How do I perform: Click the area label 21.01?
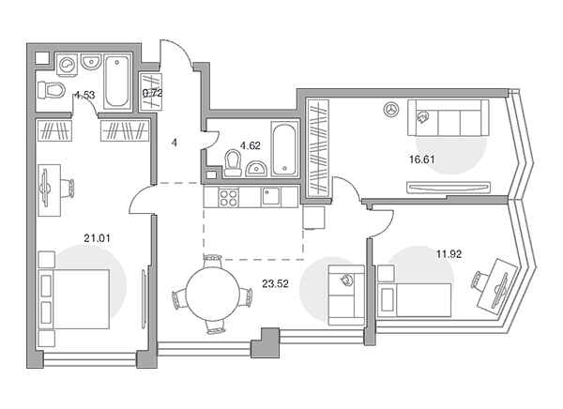97,238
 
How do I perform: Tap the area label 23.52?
275,284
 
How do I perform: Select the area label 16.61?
422,159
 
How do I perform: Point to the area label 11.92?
449,254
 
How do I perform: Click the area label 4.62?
251,145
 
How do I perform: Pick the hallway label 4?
175,143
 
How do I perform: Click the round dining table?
213,293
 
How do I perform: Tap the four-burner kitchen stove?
229,198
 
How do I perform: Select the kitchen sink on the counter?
271,196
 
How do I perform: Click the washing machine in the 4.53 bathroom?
68,65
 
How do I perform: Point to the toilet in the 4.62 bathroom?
233,163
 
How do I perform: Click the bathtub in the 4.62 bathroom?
284,148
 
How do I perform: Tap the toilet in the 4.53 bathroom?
51,90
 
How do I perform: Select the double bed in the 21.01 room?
73,299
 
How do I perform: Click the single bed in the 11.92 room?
415,300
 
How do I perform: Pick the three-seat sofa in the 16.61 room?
449,118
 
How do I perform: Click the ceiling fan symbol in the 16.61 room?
391,110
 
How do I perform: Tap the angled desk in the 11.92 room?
497,286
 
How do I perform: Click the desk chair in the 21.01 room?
68,189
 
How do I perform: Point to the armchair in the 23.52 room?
346,295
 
